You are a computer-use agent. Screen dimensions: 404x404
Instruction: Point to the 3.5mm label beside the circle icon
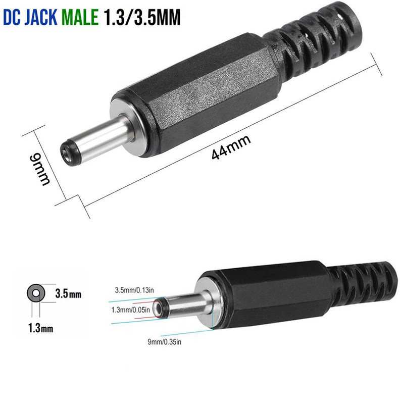coord(68,293)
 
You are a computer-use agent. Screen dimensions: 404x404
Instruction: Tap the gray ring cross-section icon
coord(36,292)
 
